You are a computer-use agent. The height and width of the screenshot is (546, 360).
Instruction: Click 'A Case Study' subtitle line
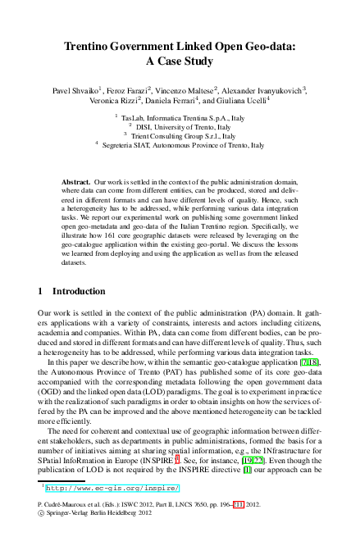(180, 61)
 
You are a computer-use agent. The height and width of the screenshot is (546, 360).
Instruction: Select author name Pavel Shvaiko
(75, 89)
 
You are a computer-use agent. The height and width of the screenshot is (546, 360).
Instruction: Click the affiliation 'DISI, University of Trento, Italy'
(185, 127)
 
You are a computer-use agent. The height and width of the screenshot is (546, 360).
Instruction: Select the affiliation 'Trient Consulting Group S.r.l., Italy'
(185, 136)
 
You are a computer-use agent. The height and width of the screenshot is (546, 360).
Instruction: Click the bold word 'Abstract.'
(76, 180)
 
